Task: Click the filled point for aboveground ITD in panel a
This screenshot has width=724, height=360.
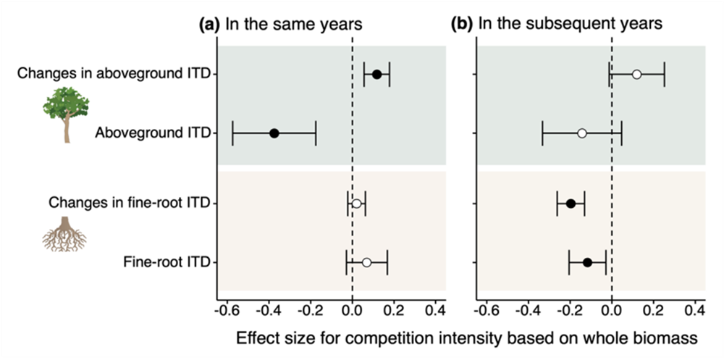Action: click(274, 133)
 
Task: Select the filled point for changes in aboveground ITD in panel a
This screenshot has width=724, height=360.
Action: click(376, 74)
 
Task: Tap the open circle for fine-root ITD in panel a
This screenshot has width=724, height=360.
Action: click(366, 262)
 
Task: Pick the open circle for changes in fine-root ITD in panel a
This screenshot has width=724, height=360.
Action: click(356, 204)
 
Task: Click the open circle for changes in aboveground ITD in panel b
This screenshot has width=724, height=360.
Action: click(636, 74)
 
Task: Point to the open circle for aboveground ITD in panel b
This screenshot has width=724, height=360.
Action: click(581, 133)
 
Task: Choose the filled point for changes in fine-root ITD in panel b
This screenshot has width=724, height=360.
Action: click(571, 204)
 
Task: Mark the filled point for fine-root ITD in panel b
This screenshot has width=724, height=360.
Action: click(587, 262)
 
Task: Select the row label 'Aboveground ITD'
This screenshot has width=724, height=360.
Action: click(151, 133)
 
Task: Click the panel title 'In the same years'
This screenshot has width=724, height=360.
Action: click(294, 24)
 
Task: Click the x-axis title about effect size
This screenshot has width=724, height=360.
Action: click(466, 337)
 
